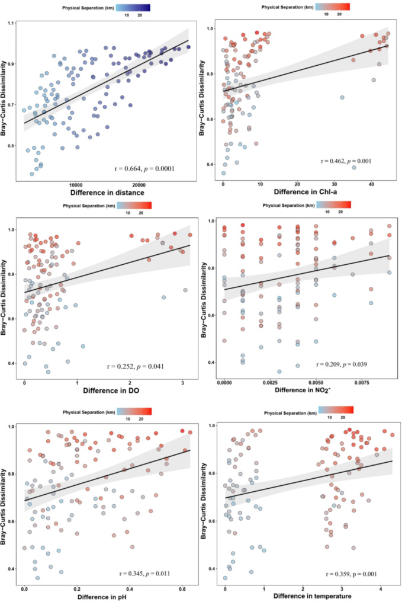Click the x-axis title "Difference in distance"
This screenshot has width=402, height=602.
pos(107,193)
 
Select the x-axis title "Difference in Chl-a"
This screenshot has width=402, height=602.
pos(305,191)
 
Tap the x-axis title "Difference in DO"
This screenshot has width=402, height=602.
pos(111,390)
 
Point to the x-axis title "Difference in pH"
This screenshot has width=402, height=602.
pos(102,597)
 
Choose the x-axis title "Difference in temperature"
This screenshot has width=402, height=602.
pos(312,596)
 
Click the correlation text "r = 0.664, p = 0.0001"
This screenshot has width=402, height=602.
pos(144,168)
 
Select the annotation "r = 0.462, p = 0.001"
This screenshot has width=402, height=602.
pos(346,161)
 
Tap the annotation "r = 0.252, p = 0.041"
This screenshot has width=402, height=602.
pos(136,366)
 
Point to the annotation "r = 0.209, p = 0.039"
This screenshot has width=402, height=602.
pos(342,364)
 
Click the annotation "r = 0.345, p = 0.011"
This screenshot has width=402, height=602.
pos(144,573)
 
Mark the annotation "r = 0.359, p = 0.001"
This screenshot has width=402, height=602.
pos(351,574)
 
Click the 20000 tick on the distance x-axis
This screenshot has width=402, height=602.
pos(139,185)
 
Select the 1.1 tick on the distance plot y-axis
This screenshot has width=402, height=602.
pos(10,24)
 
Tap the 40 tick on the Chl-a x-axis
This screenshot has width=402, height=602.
pos(371,185)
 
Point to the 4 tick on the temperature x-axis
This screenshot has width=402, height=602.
pos(381,588)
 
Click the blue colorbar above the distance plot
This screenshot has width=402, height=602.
pos(133,8)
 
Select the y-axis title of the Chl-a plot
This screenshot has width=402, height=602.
pos(202,98)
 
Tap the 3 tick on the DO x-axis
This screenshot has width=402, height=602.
pos(182,383)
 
